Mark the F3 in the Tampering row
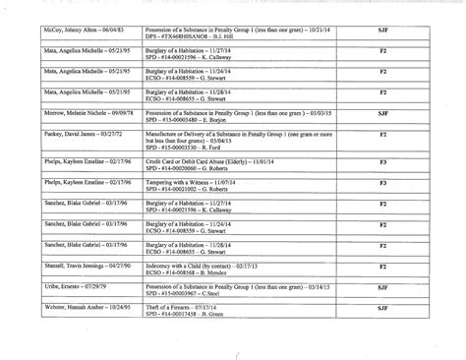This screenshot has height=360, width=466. (x=382, y=182)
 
